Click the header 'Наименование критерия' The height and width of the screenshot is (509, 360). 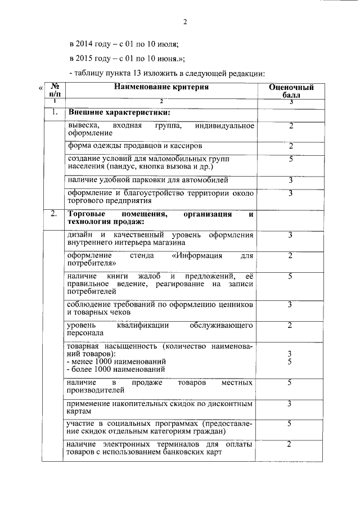(x=161, y=87)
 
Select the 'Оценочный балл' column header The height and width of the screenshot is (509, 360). (x=291, y=92)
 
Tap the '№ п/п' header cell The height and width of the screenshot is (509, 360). (x=55, y=91)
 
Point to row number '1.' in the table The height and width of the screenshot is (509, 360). (x=55, y=112)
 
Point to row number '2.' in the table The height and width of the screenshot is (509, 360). (x=54, y=214)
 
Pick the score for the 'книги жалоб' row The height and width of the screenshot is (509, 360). (x=290, y=276)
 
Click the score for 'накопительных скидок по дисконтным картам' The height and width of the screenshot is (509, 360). (x=289, y=404)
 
